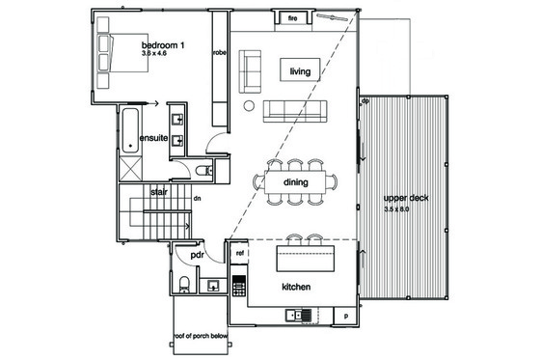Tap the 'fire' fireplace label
point(292,17)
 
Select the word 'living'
point(300,69)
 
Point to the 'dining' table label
point(295,181)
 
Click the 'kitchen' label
point(294,288)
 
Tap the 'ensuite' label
point(154,139)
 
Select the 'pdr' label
point(198,255)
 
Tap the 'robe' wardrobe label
point(219,52)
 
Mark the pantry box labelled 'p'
point(344,316)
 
